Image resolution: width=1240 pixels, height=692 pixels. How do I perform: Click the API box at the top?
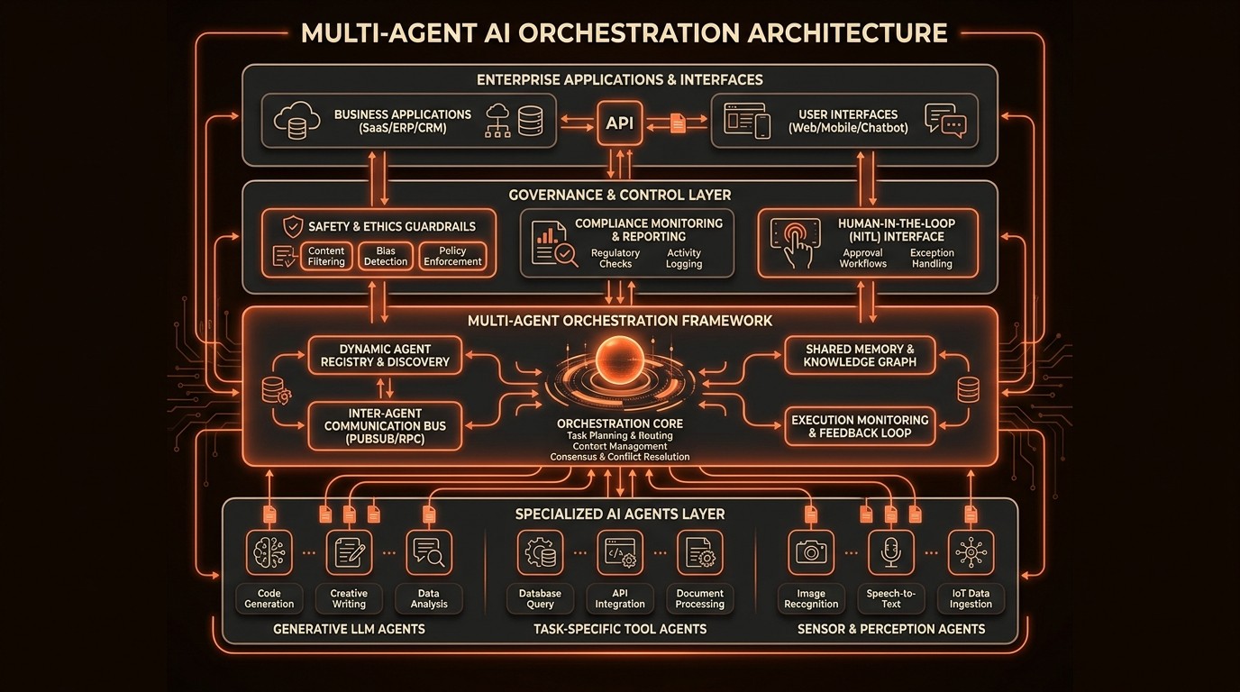(x=620, y=123)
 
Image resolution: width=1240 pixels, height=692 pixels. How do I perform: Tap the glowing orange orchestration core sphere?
(x=620, y=358)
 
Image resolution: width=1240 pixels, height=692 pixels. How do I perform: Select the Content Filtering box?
(x=326, y=257)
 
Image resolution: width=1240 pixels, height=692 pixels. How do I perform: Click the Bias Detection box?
(x=386, y=257)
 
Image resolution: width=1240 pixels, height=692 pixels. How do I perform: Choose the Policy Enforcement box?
(x=452, y=257)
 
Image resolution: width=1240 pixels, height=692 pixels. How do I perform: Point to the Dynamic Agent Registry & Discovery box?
(x=385, y=356)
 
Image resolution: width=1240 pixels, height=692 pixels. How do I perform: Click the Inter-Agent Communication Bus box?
(x=385, y=426)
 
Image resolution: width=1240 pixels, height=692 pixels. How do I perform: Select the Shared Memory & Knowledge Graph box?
(x=860, y=356)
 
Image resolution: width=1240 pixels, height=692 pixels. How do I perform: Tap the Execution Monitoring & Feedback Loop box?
(x=860, y=426)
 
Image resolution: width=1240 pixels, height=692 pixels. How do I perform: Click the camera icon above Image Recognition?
(x=811, y=552)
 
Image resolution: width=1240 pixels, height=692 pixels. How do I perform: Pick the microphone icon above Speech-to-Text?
(x=890, y=552)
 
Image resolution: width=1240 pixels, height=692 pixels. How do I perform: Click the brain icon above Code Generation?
(x=269, y=552)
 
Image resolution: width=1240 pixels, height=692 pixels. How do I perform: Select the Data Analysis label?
(x=429, y=598)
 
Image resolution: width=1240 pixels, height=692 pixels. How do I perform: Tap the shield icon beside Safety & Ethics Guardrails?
(x=292, y=226)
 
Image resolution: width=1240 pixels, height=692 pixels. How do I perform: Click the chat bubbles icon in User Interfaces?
(x=944, y=122)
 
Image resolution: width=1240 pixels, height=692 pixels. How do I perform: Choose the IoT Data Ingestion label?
(x=970, y=598)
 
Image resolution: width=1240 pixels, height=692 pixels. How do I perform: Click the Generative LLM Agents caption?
(x=349, y=629)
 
